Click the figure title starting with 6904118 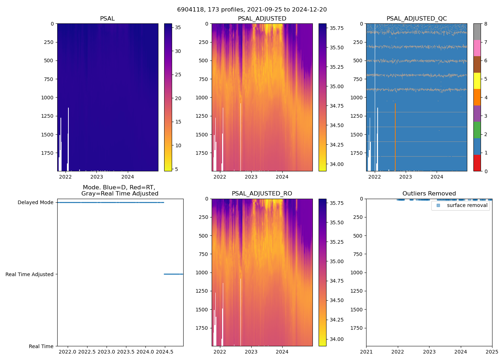pos(252,10)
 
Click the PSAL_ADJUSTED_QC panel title pos(417,19)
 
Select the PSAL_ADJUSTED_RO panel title pos(262,194)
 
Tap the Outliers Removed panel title pos(429,194)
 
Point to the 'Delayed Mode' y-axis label pos(36,203)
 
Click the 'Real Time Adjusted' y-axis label pos(30,274)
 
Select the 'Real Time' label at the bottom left pos(41,346)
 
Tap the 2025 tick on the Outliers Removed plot pos(492,352)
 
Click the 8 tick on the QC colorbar pos(486,24)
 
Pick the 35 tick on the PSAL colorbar pos(178,28)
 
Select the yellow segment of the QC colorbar pos(477,81)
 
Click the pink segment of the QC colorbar pos(477,48)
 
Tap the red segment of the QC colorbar pos(477,163)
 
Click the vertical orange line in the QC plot pos(395,137)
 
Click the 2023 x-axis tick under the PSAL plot pos(96,177)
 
